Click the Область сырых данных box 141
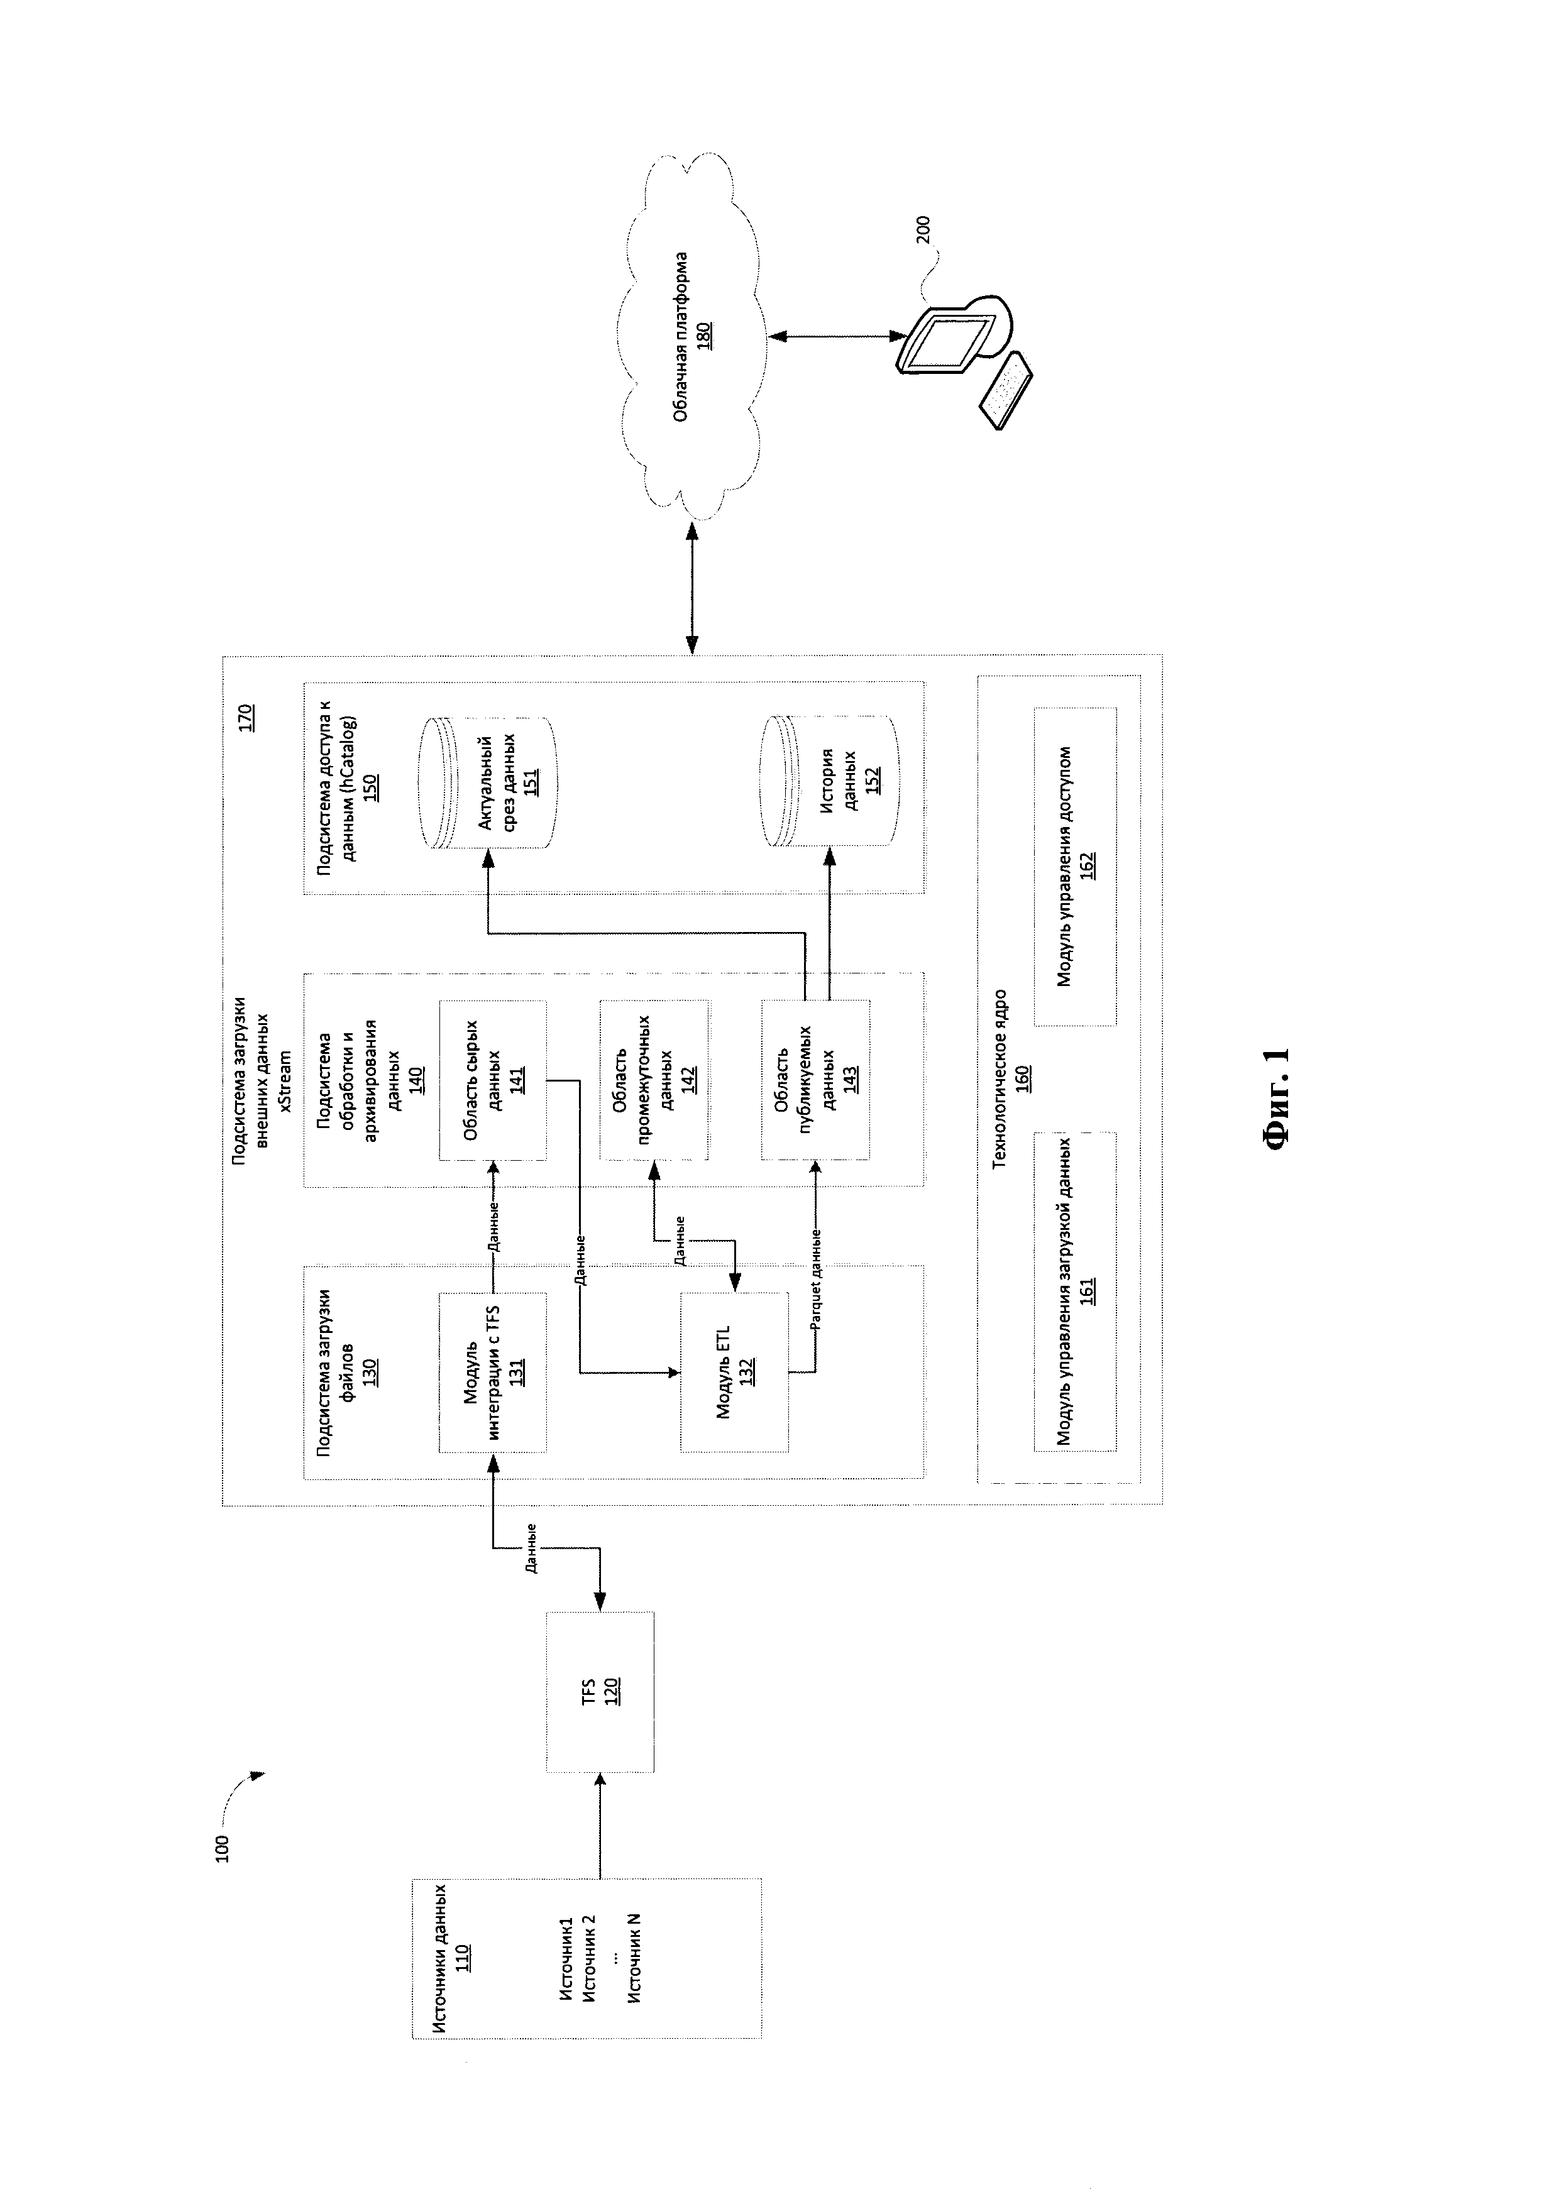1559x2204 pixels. pos(492,1080)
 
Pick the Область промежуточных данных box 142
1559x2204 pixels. pos(654,1080)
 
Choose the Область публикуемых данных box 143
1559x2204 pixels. pos(815,1080)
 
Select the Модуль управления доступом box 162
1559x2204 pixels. pos(1075,867)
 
